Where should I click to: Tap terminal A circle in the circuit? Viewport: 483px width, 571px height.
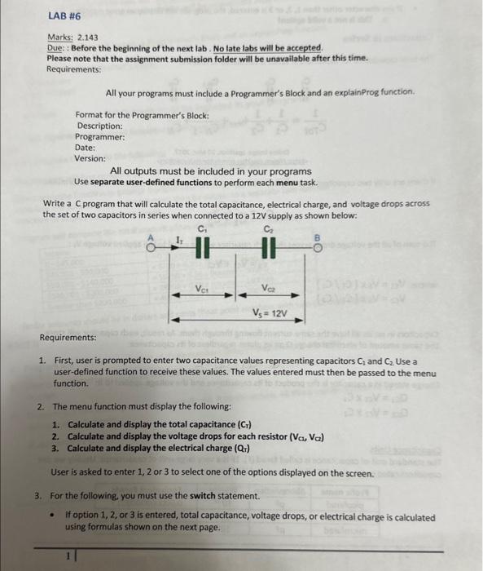[x=150, y=246]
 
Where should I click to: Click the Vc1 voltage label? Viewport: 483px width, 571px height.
[x=203, y=288]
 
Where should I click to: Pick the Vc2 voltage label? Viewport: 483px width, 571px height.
[x=268, y=288]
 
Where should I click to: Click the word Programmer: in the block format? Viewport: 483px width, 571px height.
[x=100, y=136]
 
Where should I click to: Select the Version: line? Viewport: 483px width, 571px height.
[x=90, y=158]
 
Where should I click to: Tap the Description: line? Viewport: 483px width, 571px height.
[x=99, y=126]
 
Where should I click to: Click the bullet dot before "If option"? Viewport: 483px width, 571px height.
[x=52, y=516]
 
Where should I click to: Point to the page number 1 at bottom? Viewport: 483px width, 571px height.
[x=69, y=556]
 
